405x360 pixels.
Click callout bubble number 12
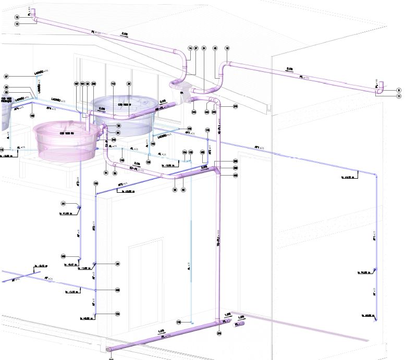[x=17, y=17]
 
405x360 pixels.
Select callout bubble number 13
[x=17, y=24]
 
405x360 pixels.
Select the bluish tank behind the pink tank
[x=124, y=112]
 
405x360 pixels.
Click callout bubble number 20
[x=63, y=204]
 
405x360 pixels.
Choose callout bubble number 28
[x=118, y=264]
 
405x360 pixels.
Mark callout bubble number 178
[x=178, y=322]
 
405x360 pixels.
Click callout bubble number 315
[x=193, y=112]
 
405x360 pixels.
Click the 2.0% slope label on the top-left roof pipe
[x=125, y=34]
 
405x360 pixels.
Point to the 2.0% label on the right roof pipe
[x=290, y=68]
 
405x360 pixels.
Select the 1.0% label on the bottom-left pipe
[x=162, y=331]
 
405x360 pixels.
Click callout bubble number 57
[x=6, y=76]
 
